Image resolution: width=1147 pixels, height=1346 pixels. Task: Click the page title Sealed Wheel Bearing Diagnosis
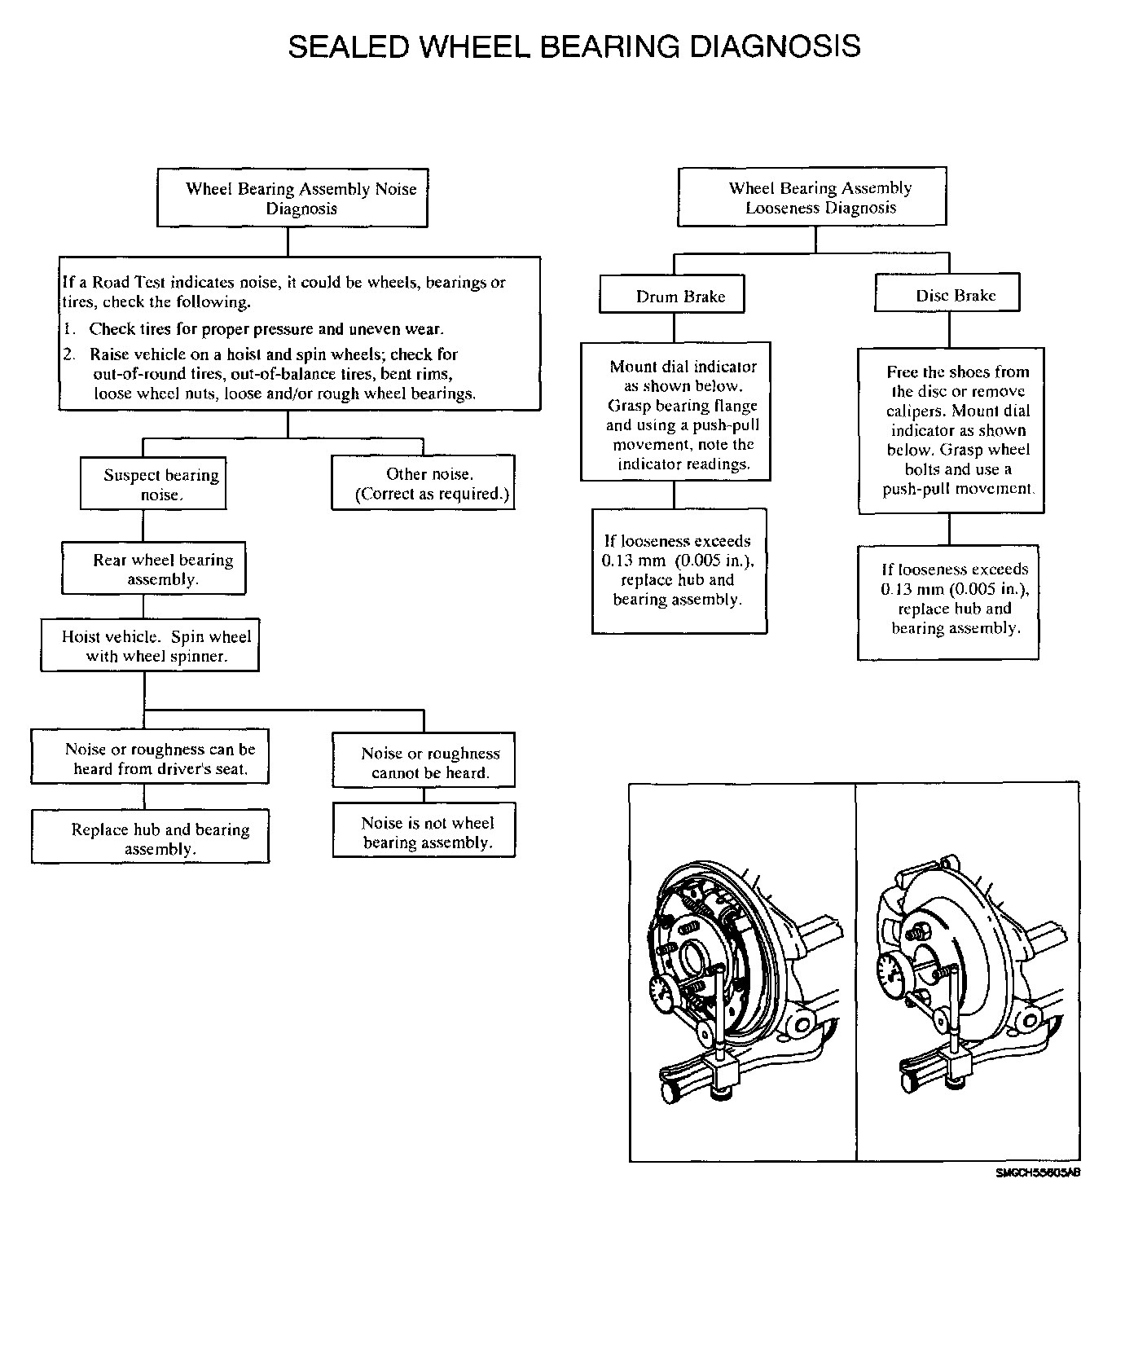coord(573,46)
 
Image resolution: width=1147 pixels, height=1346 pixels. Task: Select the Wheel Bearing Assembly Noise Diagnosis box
coord(292,198)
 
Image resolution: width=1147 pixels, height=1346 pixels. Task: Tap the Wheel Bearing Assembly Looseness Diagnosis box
coord(811,197)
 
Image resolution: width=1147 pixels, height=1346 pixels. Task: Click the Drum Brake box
coord(672,296)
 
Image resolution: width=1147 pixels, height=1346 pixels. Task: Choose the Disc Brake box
coord(947,295)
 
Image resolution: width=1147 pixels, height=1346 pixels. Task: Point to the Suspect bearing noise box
coord(153,485)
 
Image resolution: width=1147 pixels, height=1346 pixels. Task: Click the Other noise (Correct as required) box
coord(423,484)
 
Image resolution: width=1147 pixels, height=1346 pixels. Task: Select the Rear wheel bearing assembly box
coord(153,569)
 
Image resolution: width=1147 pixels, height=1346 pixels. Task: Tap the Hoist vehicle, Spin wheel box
coord(150,646)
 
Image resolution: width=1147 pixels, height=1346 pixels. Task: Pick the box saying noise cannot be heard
coord(424,763)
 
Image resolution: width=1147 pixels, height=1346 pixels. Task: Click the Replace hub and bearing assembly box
coord(150,838)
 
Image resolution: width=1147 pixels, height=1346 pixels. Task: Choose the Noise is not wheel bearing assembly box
coord(424,832)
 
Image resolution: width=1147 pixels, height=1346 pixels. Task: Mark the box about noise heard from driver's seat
coord(150,759)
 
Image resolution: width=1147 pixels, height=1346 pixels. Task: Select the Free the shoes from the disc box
coord(951,430)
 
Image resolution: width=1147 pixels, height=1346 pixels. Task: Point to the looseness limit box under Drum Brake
coord(679,570)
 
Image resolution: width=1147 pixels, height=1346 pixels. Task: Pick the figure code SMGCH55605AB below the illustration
coord(1037,1173)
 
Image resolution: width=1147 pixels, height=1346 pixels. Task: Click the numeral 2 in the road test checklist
coord(69,354)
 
